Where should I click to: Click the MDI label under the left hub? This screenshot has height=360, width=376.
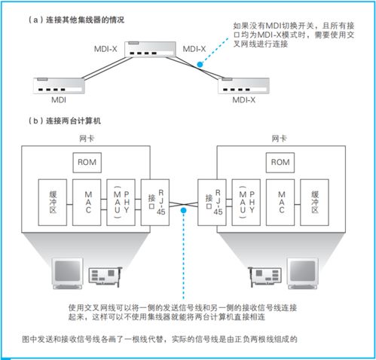click(x=58, y=99)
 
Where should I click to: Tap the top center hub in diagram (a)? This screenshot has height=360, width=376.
click(x=148, y=52)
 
